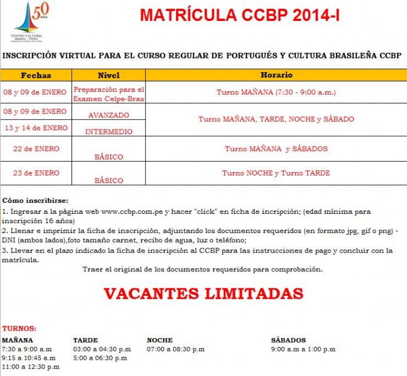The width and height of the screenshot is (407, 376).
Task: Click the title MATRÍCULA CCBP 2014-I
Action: point(240,16)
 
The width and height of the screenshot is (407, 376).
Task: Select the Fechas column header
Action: point(35,75)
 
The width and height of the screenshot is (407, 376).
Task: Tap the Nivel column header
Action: point(108,75)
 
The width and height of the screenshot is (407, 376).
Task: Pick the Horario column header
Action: point(276,75)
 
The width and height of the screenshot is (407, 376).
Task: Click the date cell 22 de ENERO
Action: point(36,149)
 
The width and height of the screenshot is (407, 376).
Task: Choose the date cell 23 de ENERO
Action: point(36,173)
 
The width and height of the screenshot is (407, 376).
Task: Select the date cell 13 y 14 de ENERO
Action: point(36,128)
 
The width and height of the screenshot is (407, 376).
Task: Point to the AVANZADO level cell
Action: point(109,115)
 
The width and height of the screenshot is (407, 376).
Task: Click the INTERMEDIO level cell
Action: point(109,131)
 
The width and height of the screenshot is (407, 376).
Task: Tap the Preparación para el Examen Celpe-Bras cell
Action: point(109,94)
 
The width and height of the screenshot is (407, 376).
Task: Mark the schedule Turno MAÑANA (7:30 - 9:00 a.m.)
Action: point(276,92)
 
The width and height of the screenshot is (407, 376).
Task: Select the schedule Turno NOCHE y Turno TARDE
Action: point(276,173)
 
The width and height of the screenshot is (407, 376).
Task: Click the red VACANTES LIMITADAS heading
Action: point(203,293)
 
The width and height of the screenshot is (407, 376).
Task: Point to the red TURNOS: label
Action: point(19,328)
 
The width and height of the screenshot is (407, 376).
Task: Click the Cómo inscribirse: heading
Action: point(35,200)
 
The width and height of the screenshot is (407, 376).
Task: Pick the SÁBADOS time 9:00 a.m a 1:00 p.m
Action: point(303,349)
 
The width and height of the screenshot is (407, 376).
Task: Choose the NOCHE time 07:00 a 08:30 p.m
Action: point(176,349)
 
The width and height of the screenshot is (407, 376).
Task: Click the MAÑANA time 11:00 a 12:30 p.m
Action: point(30,367)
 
